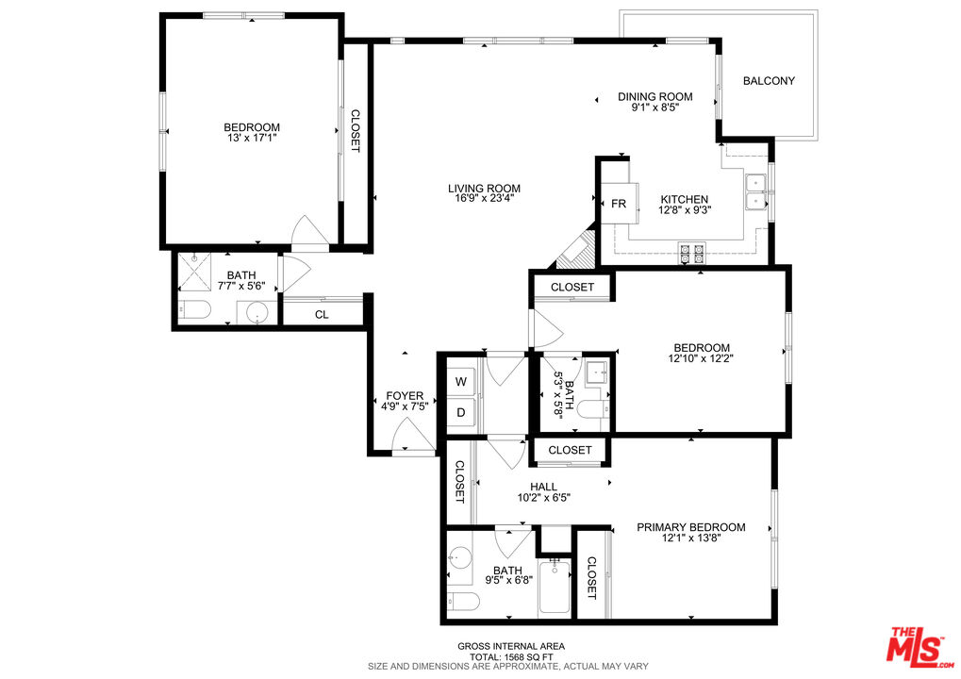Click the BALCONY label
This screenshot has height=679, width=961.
(x=768, y=81)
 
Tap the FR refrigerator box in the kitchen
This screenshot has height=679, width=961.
(x=619, y=204)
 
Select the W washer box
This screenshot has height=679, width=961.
(x=461, y=382)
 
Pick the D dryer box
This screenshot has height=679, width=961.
(x=461, y=412)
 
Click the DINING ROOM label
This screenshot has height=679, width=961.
(x=654, y=96)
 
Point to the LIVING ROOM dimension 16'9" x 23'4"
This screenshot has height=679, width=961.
(x=484, y=199)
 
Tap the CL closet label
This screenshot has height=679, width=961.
(x=322, y=314)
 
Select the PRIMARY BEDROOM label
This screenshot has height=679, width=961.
(x=690, y=527)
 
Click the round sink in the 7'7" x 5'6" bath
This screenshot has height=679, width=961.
(x=256, y=312)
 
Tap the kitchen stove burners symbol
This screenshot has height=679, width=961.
(x=692, y=252)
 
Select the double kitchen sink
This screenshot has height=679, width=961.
(x=755, y=192)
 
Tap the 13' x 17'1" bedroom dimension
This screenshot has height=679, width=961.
(x=251, y=138)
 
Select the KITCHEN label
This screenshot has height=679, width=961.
(x=684, y=199)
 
